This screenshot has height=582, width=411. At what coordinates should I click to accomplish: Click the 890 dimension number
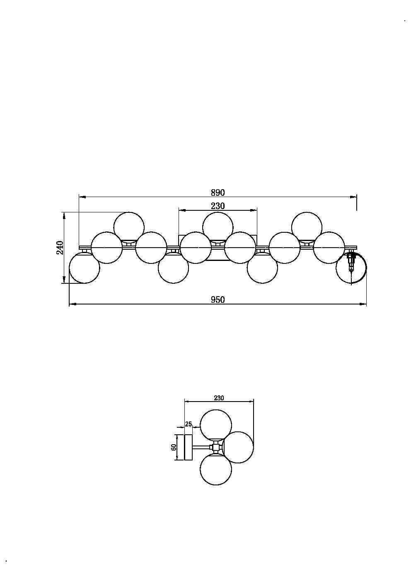218,192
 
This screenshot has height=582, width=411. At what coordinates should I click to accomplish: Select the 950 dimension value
218,300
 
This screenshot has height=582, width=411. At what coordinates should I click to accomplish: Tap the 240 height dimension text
60,248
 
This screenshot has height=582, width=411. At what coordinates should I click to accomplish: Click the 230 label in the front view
218,206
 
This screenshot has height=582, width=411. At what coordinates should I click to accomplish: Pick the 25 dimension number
189,424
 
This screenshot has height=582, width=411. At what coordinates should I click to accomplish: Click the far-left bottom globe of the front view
85,268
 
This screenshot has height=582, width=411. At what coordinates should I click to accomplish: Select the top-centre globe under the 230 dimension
218,227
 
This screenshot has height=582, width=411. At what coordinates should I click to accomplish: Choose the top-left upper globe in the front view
129,227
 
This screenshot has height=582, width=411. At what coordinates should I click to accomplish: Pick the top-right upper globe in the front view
307,227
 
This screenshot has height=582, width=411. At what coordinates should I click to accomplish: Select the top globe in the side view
216,425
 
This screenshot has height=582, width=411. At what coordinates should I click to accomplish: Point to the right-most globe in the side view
238,447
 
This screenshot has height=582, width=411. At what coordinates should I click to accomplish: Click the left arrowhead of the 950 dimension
73,304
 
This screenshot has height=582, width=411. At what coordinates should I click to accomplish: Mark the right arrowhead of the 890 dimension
353,197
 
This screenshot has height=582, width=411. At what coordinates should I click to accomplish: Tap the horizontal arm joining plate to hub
202,447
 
